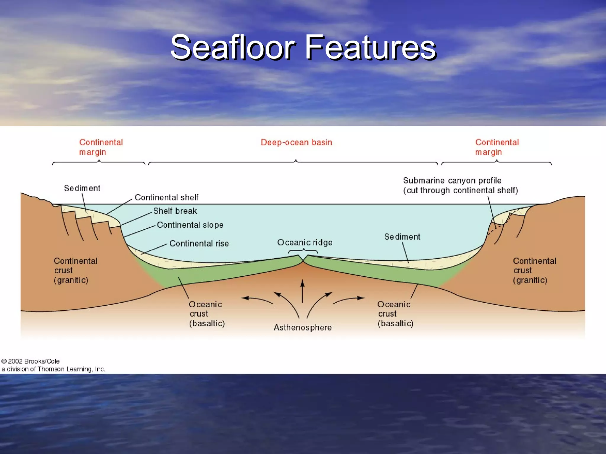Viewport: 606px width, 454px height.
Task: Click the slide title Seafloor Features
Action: (303, 47)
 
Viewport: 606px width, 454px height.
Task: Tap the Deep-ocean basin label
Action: (296, 142)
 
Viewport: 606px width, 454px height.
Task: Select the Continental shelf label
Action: (166, 197)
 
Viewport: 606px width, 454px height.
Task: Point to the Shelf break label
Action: (175, 211)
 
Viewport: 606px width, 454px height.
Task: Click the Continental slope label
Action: (190, 225)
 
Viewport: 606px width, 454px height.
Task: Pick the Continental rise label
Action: (199, 244)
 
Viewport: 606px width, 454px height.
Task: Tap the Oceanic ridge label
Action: (305, 243)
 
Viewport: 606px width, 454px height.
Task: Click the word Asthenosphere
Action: (303, 327)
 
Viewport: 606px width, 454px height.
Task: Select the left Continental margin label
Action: (101, 147)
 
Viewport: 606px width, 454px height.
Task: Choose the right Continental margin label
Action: (497, 147)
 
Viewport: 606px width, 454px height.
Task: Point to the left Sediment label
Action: (82, 188)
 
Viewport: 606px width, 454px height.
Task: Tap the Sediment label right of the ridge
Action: (402, 237)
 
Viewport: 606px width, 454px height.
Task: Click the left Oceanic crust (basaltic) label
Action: (207, 314)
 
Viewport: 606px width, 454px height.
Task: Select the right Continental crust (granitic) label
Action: (534, 270)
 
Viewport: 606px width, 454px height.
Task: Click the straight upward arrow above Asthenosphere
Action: (302, 291)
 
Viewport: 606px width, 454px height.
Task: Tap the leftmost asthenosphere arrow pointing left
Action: (257, 300)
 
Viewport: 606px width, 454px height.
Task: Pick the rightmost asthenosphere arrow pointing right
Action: (349, 300)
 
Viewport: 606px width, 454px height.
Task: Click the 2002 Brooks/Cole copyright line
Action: (31, 361)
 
